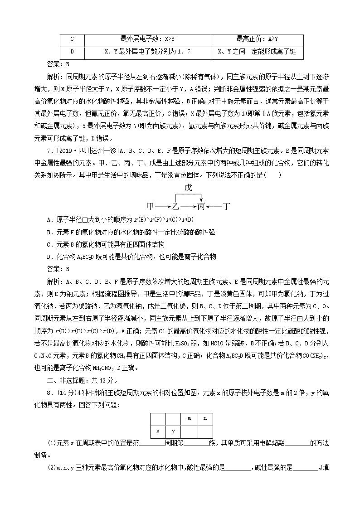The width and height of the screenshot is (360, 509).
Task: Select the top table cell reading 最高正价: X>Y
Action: pyautogui.click(x=257, y=39)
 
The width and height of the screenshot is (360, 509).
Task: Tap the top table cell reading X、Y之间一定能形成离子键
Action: pyautogui.click(x=257, y=52)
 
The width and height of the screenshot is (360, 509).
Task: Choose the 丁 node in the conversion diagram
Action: pyautogui.click(x=227, y=207)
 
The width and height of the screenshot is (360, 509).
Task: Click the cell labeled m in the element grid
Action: pyautogui.click(x=189, y=418)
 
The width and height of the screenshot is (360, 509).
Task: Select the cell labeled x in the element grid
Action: pyautogui.click(x=157, y=431)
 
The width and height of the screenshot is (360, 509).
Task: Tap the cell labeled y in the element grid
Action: pyautogui.click(x=173, y=431)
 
